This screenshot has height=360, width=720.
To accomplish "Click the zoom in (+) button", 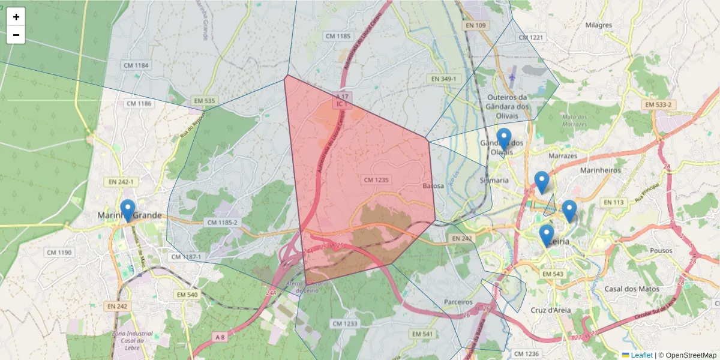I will [16, 17].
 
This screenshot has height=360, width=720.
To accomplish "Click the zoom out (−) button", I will [16, 35].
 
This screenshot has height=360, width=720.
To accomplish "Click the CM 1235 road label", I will [377, 179].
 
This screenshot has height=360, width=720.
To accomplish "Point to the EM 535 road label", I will [204, 101].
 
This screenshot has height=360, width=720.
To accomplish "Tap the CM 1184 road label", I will [136, 65].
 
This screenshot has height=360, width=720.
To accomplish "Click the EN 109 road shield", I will [475, 25].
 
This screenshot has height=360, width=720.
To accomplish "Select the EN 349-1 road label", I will [444, 79].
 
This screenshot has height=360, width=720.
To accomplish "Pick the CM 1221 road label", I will [530, 37].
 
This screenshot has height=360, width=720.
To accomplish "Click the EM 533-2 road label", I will [660, 104].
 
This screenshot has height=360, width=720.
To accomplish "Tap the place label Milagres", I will [598, 25].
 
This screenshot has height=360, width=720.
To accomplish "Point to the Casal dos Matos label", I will [631, 289].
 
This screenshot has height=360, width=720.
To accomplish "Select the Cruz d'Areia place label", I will [551, 310].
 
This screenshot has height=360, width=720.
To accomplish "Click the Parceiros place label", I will [458, 302].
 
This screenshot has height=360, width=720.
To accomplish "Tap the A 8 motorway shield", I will [220, 337].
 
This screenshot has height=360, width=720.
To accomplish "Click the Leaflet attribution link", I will [641, 355].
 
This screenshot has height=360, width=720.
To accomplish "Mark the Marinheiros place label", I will [600, 170].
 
